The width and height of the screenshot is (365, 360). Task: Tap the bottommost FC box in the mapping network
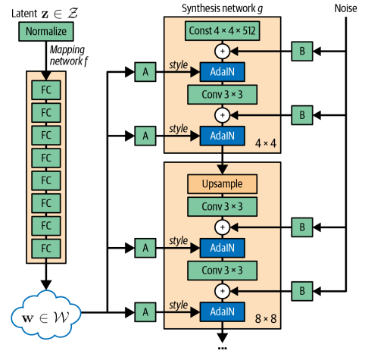click(45, 248)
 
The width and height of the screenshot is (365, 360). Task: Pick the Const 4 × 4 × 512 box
click(222, 31)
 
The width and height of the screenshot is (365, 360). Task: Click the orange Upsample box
click(222, 184)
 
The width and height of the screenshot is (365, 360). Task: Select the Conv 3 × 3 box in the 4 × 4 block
click(222, 95)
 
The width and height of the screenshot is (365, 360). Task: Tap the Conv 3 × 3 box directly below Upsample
click(222, 206)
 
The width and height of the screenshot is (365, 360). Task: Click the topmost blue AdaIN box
click(222, 72)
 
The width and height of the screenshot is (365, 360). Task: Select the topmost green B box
click(301, 52)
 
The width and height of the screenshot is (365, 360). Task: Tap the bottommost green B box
click(301, 290)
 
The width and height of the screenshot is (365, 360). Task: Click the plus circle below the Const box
click(222, 52)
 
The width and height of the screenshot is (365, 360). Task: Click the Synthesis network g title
click(222, 8)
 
